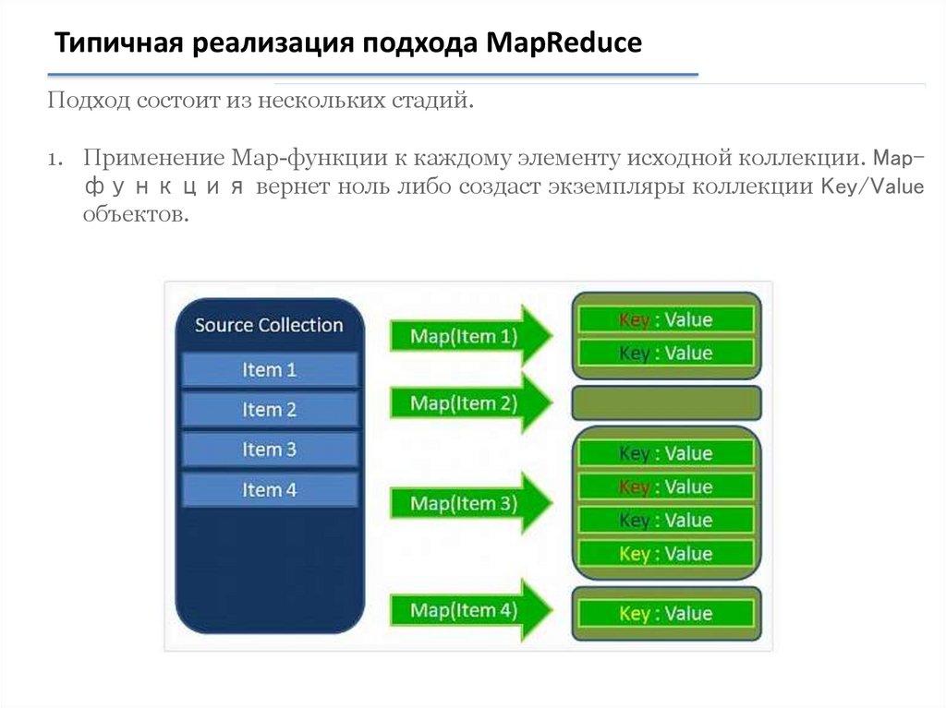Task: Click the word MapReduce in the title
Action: point(564,43)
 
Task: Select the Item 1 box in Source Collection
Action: point(270,369)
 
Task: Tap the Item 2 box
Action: point(270,410)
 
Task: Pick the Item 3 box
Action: point(270,450)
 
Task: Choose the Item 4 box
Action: point(270,489)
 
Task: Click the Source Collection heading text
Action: point(269,325)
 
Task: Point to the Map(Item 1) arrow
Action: point(471,336)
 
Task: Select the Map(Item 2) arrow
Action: point(471,402)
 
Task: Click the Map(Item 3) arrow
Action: point(471,503)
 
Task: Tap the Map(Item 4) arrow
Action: point(471,610)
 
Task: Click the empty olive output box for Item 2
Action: point(667,402)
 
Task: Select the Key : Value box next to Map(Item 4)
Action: point(666,613)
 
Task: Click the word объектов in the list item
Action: point(137,214)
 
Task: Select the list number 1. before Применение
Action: point(55,159)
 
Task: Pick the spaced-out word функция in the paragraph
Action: point(164,187)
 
